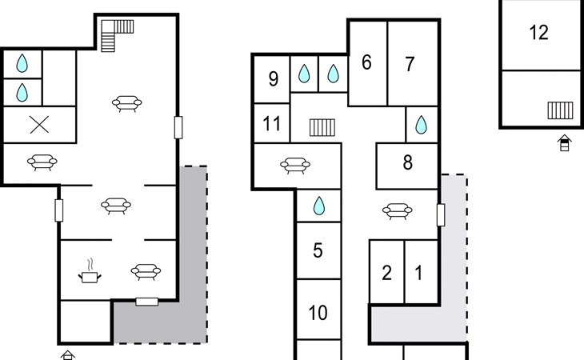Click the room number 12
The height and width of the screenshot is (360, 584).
point(538,33)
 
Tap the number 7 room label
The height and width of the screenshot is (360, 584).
point(410,64)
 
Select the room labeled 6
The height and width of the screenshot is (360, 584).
point(366,62)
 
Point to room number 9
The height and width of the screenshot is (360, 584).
point(274,79)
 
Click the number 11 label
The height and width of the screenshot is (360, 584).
point(271,123)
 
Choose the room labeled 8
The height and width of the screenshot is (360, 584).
point(408,162)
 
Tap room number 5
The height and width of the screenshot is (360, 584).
point(318,250)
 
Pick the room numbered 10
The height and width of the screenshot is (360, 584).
point(318,313)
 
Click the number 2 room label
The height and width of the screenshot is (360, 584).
point(387,273)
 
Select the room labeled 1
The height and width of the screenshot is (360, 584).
point(418,273)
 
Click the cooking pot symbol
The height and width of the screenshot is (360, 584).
point(90,271)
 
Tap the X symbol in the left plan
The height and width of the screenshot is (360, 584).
point(39,125)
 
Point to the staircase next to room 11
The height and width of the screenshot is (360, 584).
point(322,127)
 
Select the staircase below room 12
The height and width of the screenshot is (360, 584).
point(560,110)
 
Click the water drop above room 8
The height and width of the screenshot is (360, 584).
point(421,125)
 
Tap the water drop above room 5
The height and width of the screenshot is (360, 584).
point(319,206)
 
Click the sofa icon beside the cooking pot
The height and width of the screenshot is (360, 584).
point(146,271)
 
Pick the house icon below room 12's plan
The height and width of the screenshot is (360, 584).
point(565,142)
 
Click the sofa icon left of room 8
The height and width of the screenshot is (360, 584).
point(397,211)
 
